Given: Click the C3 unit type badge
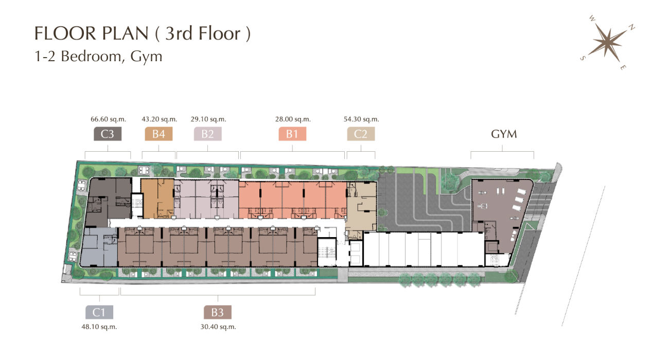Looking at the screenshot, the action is (x=108, y=134).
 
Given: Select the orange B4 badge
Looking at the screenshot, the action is (x=159, y=134).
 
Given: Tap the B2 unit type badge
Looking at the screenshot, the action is (x=207, y=134).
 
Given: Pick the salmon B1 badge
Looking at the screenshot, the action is (x=292, y=134).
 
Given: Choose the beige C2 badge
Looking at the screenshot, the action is (x=361, y=134).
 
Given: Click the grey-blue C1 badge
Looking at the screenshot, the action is (x=99, y=312).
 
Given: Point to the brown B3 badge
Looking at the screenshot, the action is (x=217, y=312).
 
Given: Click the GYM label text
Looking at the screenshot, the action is (x=504, y=134).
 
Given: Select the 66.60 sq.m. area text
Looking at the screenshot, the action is (x=109, y=119).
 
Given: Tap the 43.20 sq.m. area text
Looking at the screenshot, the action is (x=160, y=119).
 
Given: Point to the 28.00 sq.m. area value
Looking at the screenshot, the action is (x=293, y=119).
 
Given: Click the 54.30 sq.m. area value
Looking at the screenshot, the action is (x=361, y=119).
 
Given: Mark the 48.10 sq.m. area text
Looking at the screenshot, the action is (x=99, y=327).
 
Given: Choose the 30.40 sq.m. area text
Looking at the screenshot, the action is (x=218, y=327).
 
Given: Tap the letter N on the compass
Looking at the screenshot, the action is (x=631, y=27).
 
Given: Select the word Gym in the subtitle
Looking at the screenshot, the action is (x=146, y=57).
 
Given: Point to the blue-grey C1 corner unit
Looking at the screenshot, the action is (x=99, y=247).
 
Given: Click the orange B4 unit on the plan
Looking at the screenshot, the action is (x=157, y=199).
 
